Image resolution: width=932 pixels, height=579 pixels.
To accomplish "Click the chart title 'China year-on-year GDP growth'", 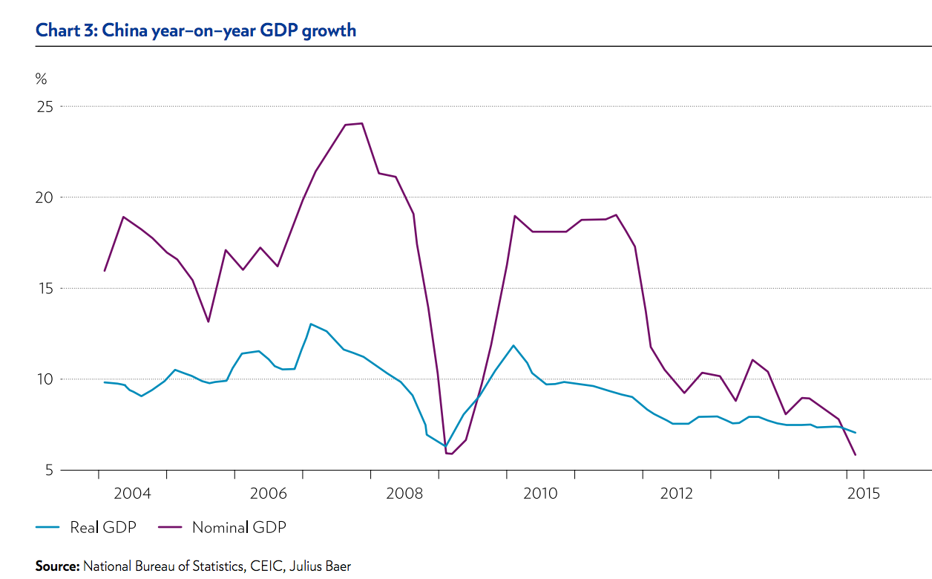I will click(196, 30).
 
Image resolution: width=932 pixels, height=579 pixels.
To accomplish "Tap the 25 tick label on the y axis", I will click(46, 106).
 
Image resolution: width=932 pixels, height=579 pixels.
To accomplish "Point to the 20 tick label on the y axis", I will click(46, 197).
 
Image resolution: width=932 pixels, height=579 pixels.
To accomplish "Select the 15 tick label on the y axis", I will click(46, 288).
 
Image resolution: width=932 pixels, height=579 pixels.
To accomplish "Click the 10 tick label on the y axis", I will click(46, 379).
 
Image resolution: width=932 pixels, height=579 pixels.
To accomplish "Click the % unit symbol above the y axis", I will click(41, 79).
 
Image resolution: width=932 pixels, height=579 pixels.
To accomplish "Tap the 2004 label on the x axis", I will click(132, 494).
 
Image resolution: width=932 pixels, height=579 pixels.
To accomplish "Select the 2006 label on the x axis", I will click(269, 494).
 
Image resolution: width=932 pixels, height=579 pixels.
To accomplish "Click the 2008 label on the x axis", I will click(405, 494).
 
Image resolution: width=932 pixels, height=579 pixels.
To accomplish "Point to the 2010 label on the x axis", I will click(541, 494).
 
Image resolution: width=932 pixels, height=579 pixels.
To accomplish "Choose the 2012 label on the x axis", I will click(677, 494).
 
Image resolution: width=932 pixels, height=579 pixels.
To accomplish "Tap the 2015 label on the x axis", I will click(864, 494).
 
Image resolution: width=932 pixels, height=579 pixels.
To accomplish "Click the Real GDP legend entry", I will click(102, 528).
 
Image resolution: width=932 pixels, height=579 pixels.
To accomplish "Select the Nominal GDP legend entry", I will click(238, 528).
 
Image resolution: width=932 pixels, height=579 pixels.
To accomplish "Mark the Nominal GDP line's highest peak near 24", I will click(361, 123).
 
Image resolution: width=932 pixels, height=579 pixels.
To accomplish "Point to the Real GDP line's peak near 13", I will click(311, 324).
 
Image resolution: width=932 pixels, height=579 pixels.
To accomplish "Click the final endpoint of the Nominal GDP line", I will click(856, 454).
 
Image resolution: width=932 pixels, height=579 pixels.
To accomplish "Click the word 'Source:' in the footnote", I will click(57, 566).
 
